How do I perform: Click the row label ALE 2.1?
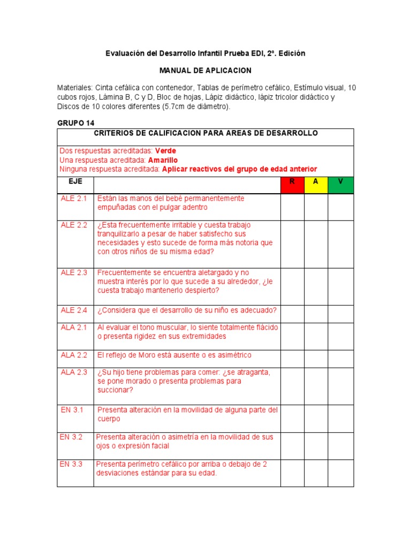tap(74, 199)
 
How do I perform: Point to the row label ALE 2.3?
tap(74, 272)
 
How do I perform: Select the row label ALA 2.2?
tap(74, 355)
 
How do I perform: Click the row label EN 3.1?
tap(72, 410)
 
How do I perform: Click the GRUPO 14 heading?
tap(75, 123)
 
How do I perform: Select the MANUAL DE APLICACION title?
tap(205, 71)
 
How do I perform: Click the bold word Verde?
tap(165, 151)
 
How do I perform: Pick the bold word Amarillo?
tap(163, 160)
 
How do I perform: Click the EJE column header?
tap(75, 181)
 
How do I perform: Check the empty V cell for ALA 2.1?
tap(340, 336)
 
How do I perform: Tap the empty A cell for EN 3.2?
tap(316, 445)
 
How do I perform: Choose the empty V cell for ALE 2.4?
tap(340, 314)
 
